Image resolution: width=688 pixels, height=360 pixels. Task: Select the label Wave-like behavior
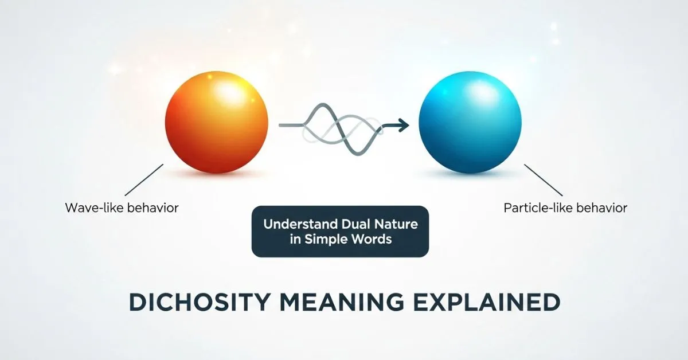[122, 208]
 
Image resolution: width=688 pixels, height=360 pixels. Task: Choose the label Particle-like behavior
[565, 208]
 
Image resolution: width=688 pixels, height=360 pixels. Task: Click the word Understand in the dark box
[299, 224]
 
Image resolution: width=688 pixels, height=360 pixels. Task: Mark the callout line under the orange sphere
[144, 180]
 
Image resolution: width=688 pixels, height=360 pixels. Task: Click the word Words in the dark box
[372, 239]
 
